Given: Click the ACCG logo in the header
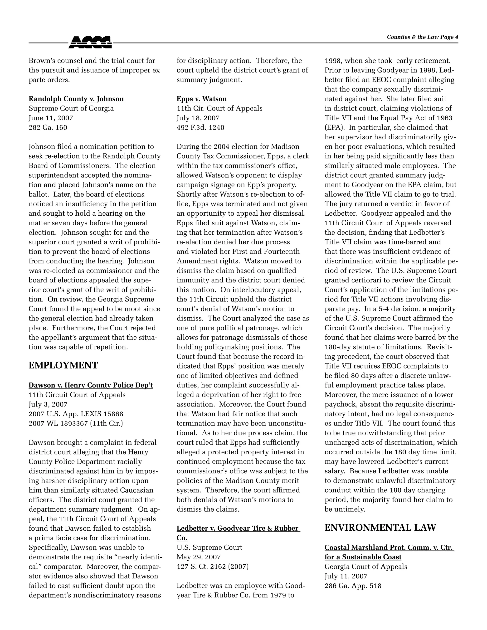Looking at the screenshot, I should point(90,42).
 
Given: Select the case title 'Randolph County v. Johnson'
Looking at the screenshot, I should point(76,99).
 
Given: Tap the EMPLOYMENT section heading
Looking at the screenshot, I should point(63,365).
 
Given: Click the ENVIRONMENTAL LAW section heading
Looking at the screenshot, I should point(380,528).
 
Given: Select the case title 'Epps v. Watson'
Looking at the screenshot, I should point(202,99).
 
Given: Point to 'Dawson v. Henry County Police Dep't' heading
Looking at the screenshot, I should point(91,385).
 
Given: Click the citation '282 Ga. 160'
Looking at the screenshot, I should point(48,127).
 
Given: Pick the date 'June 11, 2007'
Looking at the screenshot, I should point(51,118).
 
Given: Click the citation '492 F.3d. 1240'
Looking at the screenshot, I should point(200,127).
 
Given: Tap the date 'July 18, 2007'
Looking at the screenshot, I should point(198,118).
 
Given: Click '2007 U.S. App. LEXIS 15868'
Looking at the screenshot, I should point(76,414).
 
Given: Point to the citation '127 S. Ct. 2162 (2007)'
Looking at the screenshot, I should point(212,567).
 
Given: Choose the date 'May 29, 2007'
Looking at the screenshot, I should point(199,557).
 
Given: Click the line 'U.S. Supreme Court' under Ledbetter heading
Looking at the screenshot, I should point(209,548).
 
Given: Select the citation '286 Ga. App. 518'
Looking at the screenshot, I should point(353,586).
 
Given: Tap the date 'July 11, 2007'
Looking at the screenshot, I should point(346,576).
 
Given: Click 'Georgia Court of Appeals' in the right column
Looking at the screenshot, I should point(366,567).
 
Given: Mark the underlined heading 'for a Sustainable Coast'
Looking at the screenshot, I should point(363,557).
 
